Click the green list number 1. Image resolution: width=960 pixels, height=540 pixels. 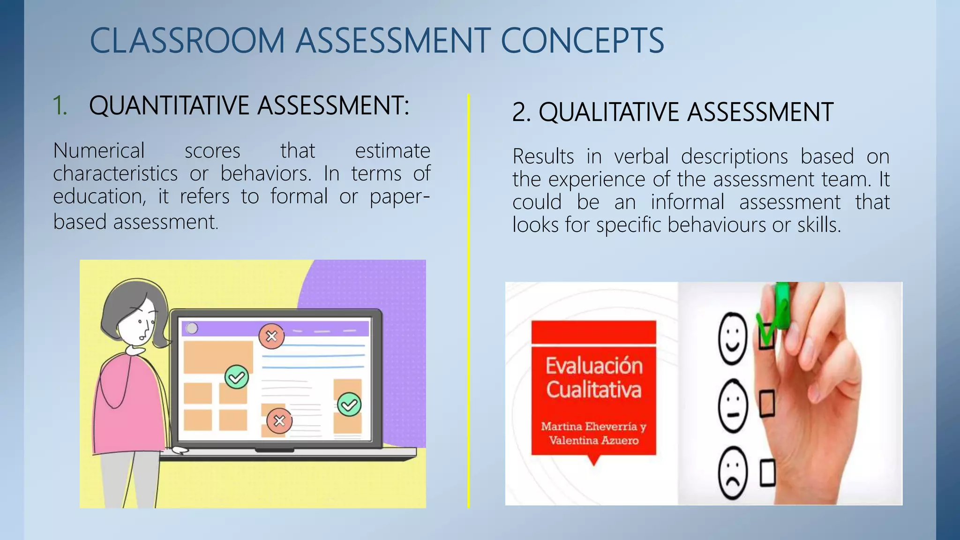coord(59,105)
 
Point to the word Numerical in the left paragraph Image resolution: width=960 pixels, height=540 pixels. coord(99,151)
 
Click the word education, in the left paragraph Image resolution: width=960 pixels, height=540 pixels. coord(99,196)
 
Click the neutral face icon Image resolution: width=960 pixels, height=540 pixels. coord(733,406)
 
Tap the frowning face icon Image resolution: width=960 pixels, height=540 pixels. coord(733,474)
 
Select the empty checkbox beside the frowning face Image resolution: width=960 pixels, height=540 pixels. coord(767,473)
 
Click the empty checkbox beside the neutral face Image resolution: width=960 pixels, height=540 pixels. coord(767,404)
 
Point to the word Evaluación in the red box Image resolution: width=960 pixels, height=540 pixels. coord(594,366)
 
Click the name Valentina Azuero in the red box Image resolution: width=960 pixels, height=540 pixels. coord(593,441)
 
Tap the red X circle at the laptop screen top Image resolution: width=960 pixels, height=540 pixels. coord(271,336)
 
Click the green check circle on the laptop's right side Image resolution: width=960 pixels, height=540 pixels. coord(349,405)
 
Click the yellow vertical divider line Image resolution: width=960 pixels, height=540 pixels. coord(468,300)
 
